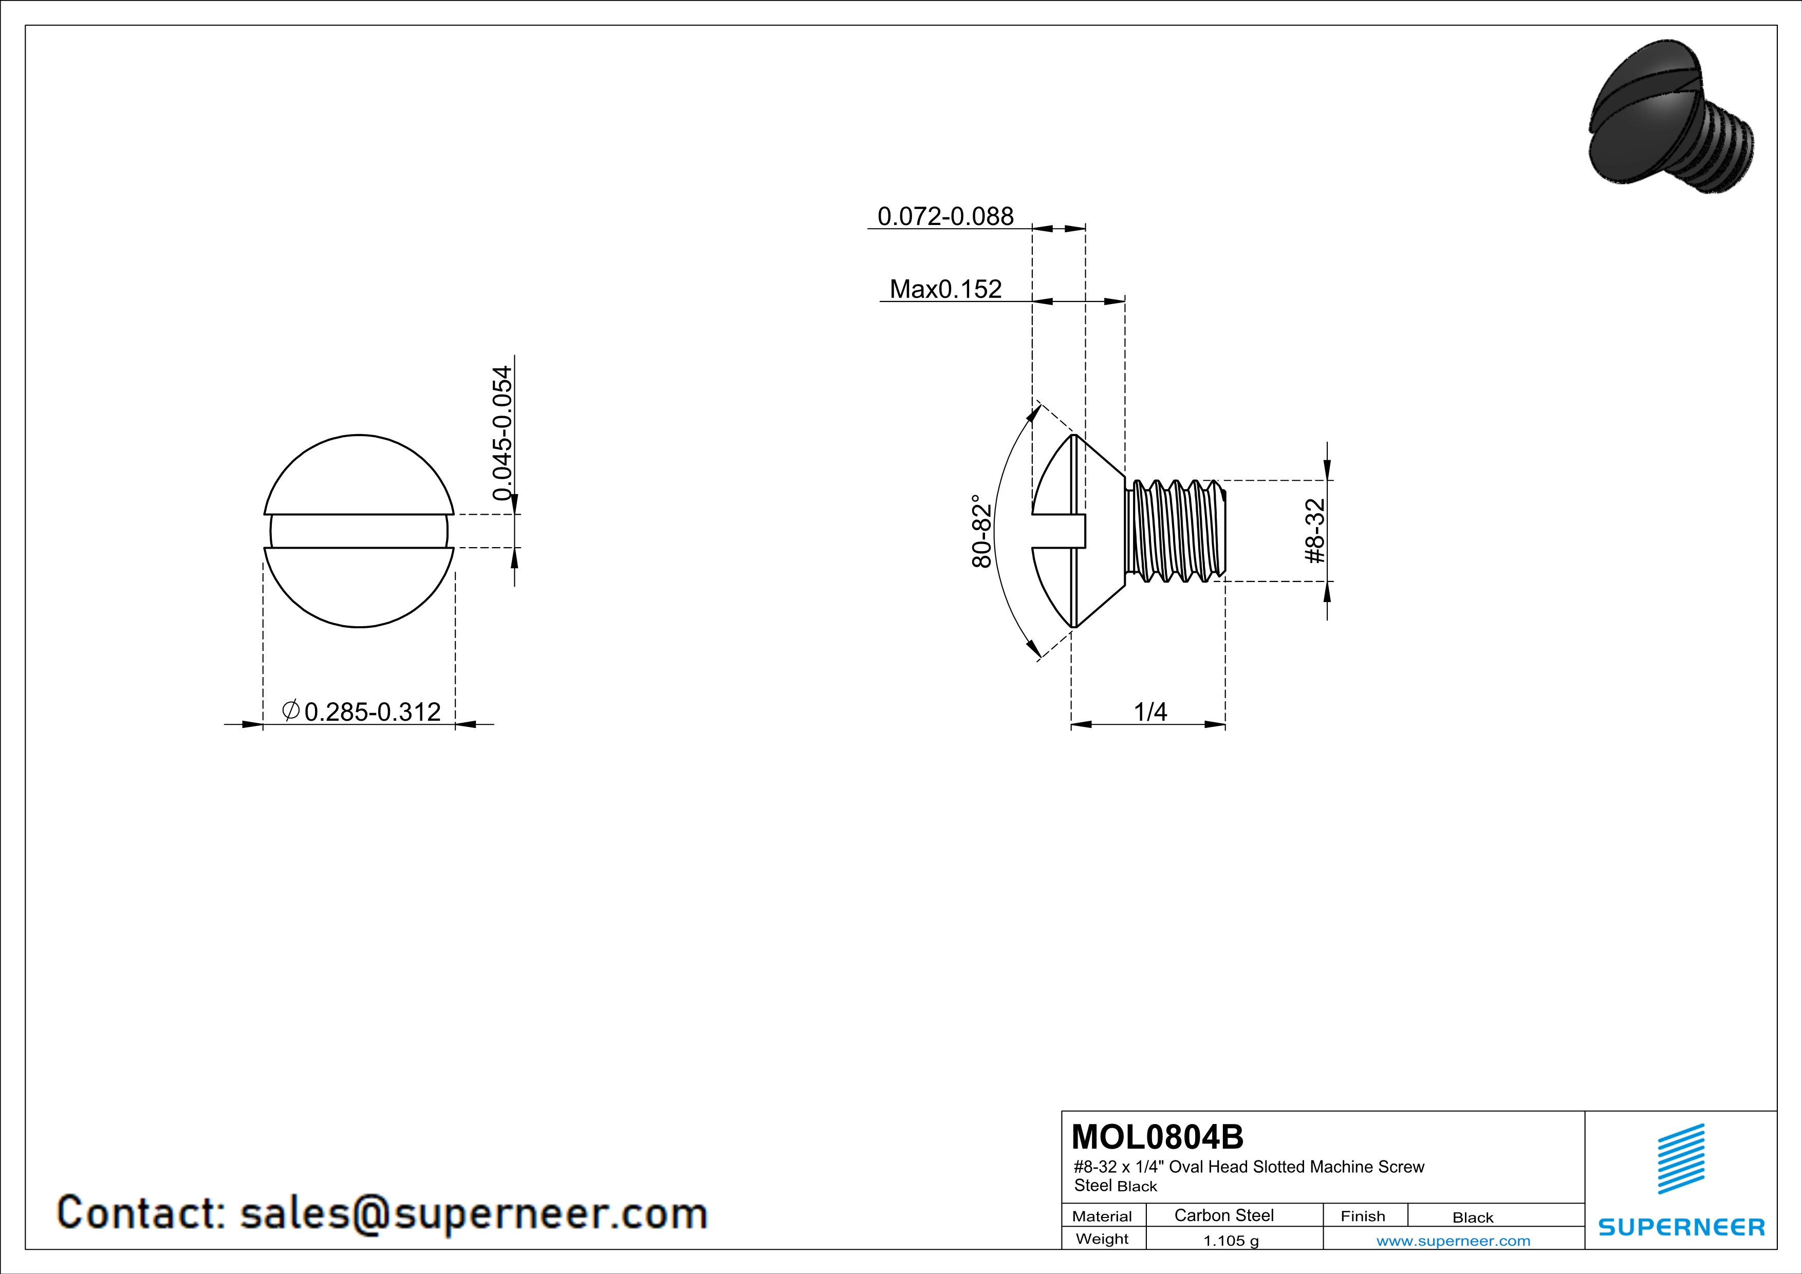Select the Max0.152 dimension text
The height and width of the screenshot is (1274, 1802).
946,289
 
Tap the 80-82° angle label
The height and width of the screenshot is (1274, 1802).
982,531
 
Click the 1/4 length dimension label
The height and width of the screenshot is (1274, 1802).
1150,711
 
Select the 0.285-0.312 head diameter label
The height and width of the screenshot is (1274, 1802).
372,711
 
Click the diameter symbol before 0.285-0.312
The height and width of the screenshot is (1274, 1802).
290,710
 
